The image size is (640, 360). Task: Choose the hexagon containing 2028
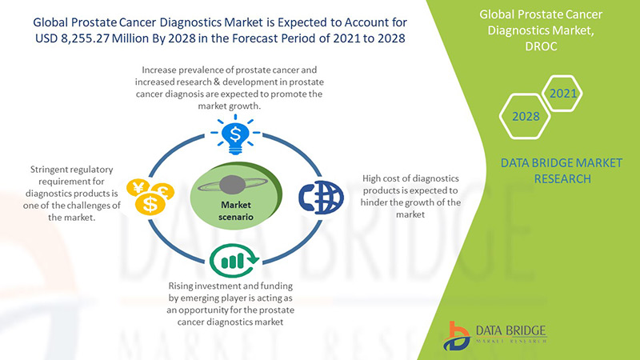pos(525,116)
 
